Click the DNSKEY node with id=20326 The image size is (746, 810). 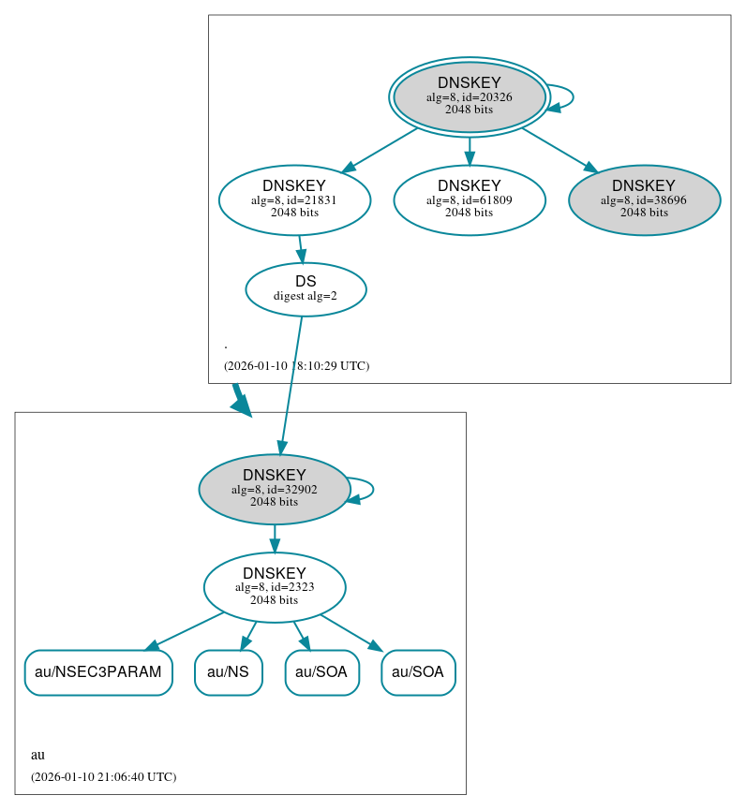point(469,96)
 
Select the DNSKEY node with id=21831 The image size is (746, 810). point(294,199)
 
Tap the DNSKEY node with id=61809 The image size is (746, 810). point(469,199)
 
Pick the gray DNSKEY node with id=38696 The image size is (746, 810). point(644,199)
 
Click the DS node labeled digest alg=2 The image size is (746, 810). point(306,289)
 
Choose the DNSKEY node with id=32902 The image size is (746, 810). point(274,489)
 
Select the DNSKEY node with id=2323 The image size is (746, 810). point(274,587)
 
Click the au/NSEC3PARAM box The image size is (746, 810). point(98,672)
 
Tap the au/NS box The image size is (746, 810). point(228,672)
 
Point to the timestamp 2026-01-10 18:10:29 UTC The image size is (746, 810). point(296,366)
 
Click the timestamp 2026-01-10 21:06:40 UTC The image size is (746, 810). point(103,777)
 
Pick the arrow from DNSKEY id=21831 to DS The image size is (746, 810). point(300,249)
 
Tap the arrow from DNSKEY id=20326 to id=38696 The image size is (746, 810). point(559,149)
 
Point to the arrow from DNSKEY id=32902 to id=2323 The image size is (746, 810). point(274,538)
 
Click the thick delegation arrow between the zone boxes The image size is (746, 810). point(241,400)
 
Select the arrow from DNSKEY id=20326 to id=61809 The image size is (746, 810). point(469,150)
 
